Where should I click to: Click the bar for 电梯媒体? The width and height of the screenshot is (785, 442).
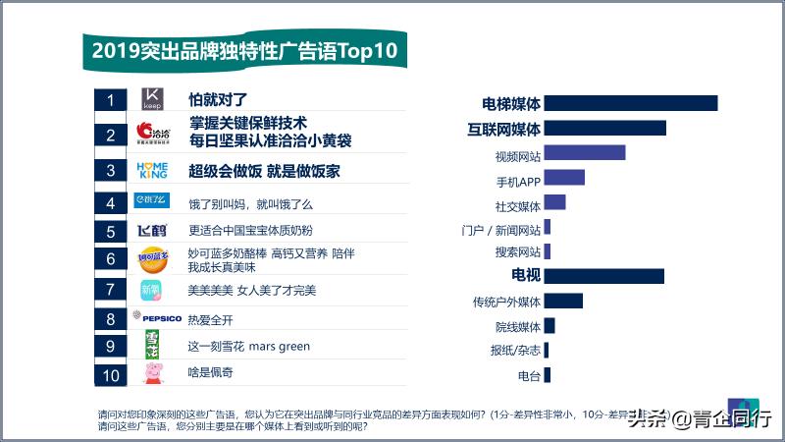pos(630,103)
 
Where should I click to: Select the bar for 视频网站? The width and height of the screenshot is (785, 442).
pos(584,152)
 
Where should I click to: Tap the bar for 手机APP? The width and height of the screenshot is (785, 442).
pos(563,178)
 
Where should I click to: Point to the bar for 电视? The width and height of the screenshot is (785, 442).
pos(603,276)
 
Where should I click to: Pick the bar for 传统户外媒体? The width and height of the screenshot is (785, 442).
pos(562,301)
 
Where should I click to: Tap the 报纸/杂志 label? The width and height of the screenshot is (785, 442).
pos(515,351)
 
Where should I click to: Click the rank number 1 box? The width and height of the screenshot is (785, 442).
pos(111,100)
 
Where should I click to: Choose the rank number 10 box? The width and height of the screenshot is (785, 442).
pos(111,374)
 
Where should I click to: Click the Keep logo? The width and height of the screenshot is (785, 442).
pos(152,100)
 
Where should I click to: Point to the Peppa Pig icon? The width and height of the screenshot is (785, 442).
pos(152,372)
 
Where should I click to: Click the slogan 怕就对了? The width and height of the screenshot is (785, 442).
pos(218,100)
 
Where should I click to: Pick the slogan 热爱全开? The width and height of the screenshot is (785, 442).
pos(210,320)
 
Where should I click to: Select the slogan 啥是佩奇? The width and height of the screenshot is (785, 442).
pos(210,373)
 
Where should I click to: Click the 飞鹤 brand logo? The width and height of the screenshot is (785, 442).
pos(152,232)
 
